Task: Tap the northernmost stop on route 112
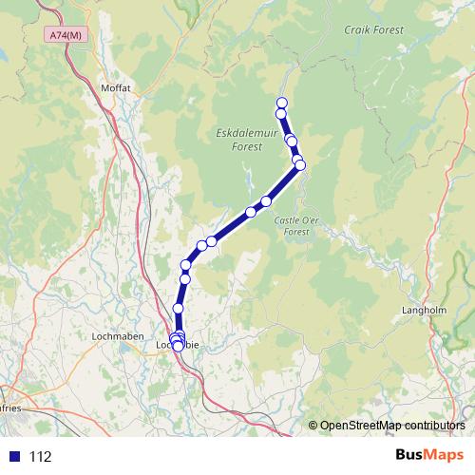tap(281, 103)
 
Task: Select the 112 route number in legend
tap(40, 456)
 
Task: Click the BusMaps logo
tap(432, 455)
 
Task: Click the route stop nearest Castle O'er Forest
tap(300, 165)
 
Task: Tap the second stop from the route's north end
tap(281, 114)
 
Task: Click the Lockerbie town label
tap(178, 346)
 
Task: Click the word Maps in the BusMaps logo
tap(446, 455)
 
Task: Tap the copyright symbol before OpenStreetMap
tap(313, 425)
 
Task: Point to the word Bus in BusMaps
tap(411, 455)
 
